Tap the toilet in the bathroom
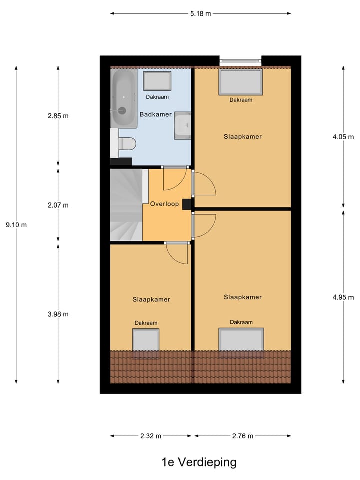(x=128, y=144)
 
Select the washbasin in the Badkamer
(x=182, y=125)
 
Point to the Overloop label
(x=164, y=204)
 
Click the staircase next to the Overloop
(x=126, y=205)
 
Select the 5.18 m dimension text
(x=200, y=13)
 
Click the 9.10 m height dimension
(x=16, y=225)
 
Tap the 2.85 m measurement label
(x=58, y=116)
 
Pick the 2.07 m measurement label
(x=58, y=205)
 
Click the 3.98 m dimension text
(x=58, y=314)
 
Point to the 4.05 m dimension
(x=343, y=136)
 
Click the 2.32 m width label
(x=151, y=436)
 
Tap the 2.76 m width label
(x=243, y=436)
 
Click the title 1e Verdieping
(x=199, y=462)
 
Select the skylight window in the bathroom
(x=157, y=81)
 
